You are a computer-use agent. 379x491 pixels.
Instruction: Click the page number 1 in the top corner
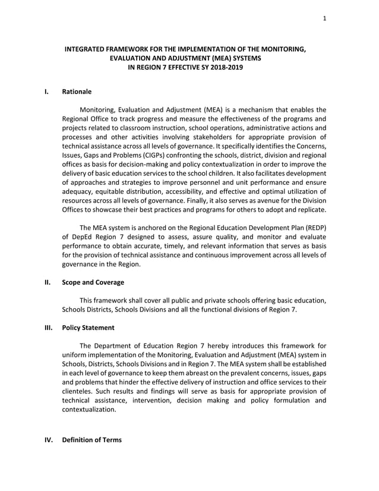(324, 18)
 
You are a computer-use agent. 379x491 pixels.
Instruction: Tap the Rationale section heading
(77, 92)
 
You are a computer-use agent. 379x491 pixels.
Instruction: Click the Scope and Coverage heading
(93, 282)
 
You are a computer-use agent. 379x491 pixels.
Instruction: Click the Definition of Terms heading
(91, 440)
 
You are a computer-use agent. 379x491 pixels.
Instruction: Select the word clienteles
(81, 391)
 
